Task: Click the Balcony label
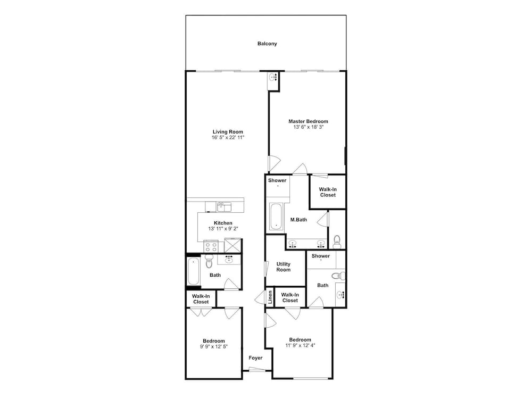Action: pos(267,44)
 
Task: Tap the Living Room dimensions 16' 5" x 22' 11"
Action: pos(228,138)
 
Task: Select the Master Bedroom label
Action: pos(308,121)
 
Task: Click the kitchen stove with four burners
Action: pos(211,246)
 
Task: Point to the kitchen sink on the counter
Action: pos(224,206)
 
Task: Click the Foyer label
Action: pos(255,358)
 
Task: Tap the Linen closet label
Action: pos(270,297)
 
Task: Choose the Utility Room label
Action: pos(284,267)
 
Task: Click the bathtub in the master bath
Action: pos(276,217)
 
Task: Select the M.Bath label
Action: pos(298,220)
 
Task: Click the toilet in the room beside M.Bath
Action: pos(337,241)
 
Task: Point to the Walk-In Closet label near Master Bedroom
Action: pos(328,193)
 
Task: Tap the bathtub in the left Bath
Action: pos(194,271)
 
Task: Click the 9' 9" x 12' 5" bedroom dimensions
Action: pos(214,347)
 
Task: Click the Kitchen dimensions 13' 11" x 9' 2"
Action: pos(223,229)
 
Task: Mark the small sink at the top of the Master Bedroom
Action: pos(273,78)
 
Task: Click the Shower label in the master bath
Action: pos(277,180)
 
